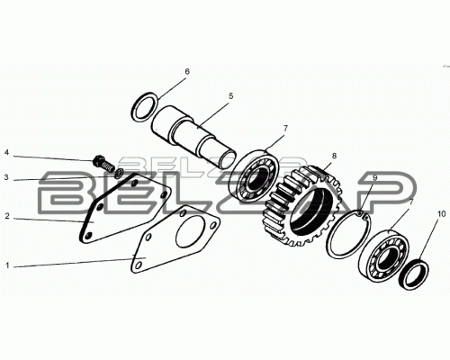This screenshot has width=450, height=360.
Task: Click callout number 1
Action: click(7, 265)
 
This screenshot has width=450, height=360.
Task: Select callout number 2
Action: click(7, 216)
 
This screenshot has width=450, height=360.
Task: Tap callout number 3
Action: click(7, 177)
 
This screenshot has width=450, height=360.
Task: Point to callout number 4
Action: click(7, 153)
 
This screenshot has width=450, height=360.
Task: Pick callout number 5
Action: click(230, 96)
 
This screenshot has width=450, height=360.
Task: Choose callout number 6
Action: click(187, 71)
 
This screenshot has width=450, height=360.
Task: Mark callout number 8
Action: click(334, 156)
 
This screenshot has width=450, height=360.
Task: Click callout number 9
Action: click(374, 177)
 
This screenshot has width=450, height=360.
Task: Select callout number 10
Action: click(442, 214)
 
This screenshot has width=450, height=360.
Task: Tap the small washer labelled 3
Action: click(120, 173)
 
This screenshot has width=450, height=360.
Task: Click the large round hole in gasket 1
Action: click(190, 231)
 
